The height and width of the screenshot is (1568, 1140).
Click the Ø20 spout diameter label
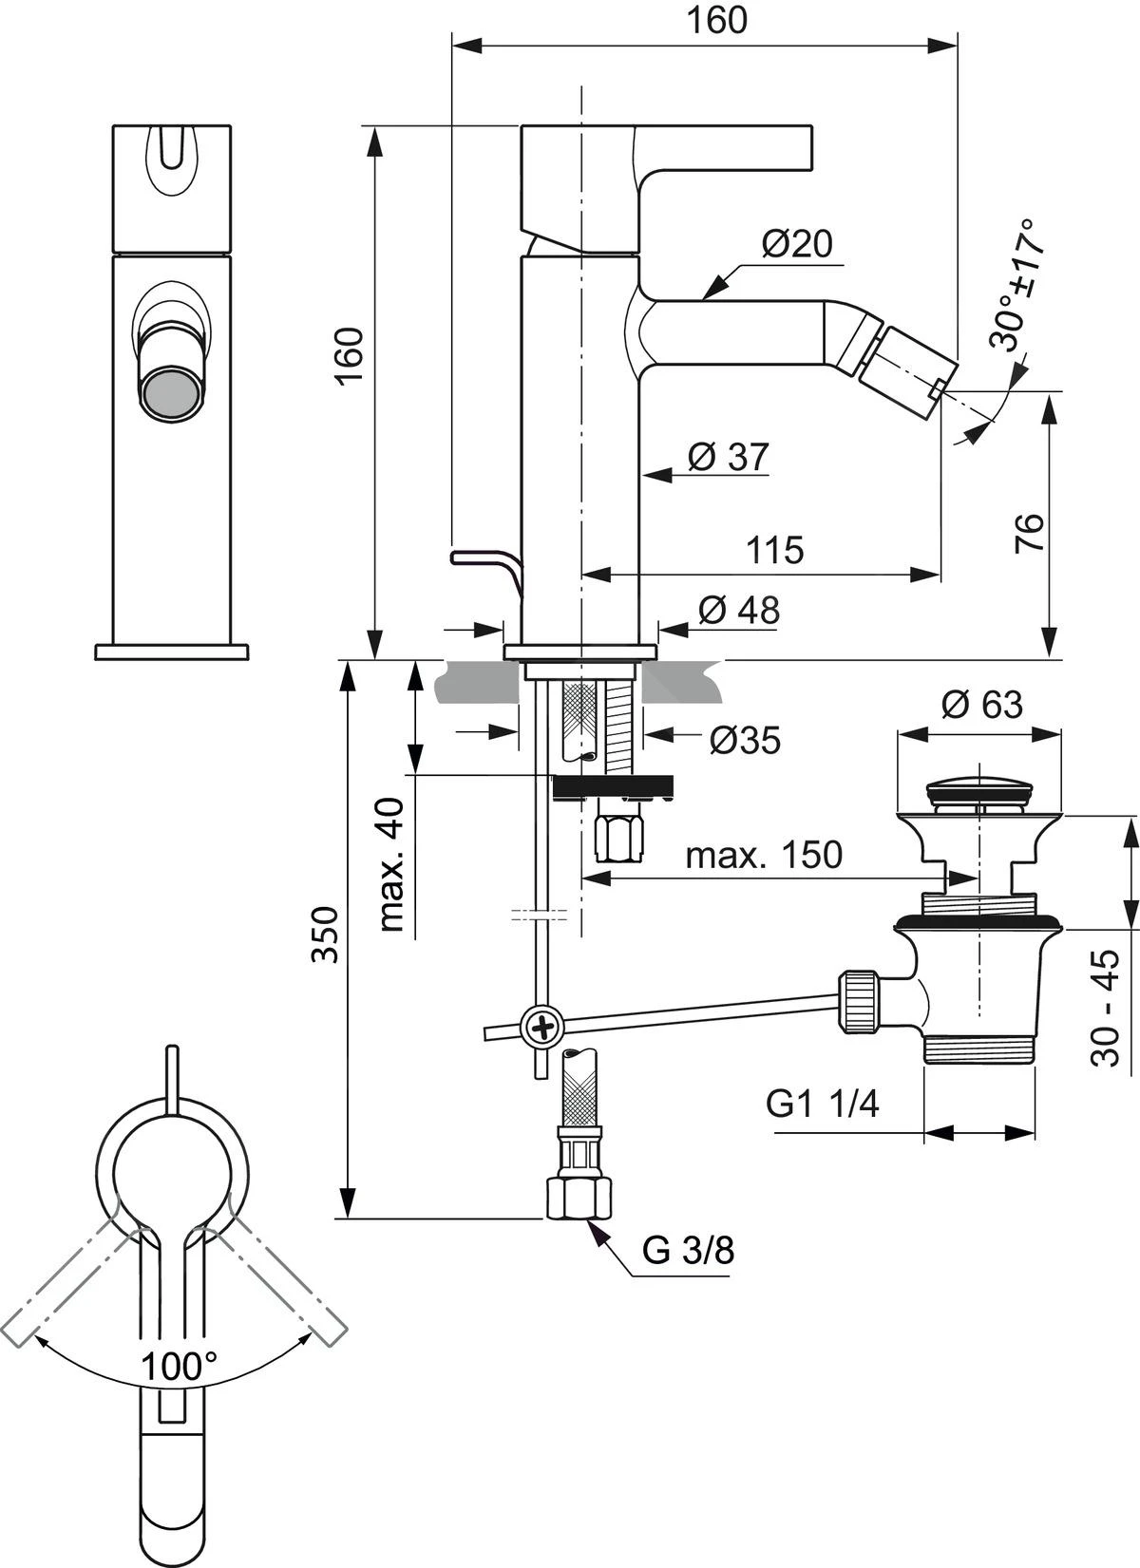point(796,245)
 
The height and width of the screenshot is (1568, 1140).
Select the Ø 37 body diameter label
point(728,457)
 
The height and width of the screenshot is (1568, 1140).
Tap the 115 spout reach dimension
point(774,550)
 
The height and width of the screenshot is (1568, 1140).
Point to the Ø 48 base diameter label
point(738,610)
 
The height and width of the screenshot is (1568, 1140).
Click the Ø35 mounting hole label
point(744,740)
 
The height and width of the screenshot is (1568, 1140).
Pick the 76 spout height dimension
point(1029,533)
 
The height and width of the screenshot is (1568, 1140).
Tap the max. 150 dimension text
point(764,855)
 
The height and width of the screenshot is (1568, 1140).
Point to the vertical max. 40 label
point(392,864)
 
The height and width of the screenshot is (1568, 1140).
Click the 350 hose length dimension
point(326,935)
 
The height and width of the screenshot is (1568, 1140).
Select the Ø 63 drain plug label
point(982,705)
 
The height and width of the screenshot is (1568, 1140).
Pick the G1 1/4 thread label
point(823,1104)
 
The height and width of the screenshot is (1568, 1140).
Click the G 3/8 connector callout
point(688,1251)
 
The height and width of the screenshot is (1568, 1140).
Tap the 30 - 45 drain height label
point(1107,1009)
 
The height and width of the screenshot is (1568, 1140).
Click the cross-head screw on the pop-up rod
point(542,1027)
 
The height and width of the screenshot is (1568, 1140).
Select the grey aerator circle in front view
point(171,393)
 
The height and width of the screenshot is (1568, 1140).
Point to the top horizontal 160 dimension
point(717,20)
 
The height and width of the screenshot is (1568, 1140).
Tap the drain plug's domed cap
point(978,787)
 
